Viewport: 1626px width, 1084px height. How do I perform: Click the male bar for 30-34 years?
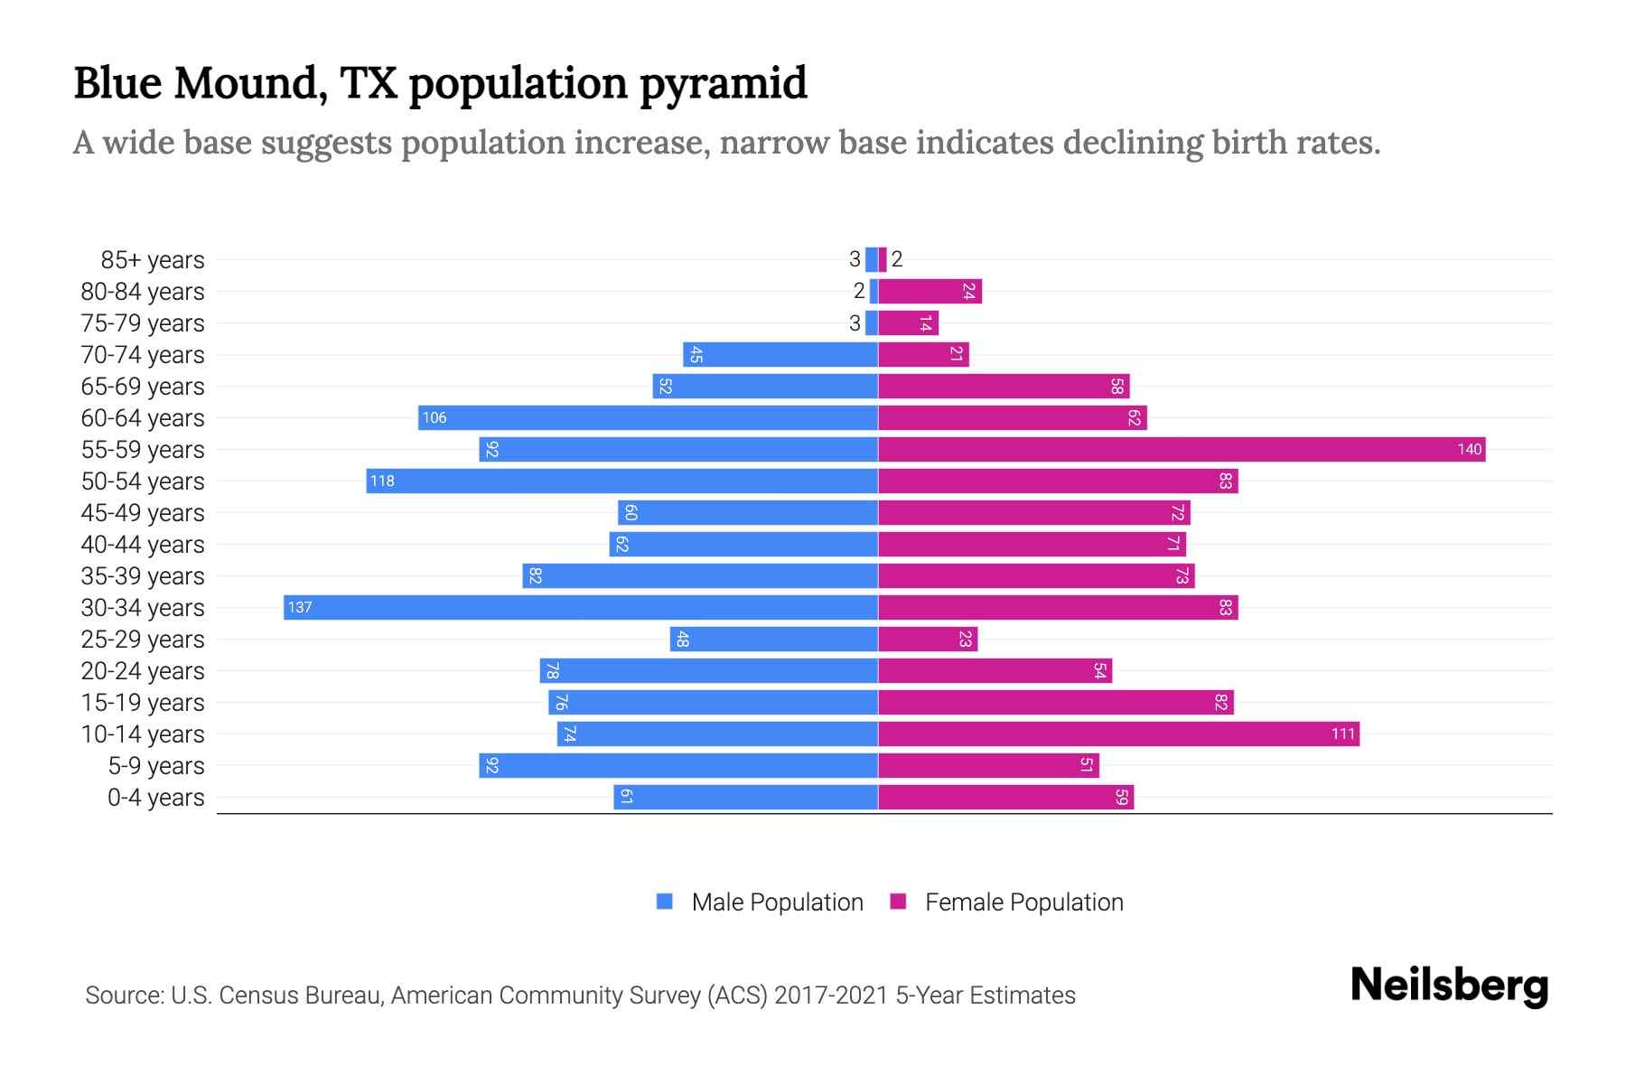tap(581, 607)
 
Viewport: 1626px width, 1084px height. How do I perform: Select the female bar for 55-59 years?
tap(1182, 449)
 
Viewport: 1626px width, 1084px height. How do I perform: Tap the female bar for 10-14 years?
tap(1118, 734)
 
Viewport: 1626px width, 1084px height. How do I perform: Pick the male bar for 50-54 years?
tap(621, 481)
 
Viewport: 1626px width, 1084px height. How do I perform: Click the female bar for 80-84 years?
tap(930, 291)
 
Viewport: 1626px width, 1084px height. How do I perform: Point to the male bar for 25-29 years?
tap(773, 639)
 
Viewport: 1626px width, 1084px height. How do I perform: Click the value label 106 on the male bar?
tap(435, 417)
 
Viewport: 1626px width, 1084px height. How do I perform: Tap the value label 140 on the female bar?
tap(1469, 449)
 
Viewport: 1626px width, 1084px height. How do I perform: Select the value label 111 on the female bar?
tap(1343, 734)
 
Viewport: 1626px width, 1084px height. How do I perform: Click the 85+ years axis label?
tap(153, 260)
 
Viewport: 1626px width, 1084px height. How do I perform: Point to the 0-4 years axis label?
tap(155, 798)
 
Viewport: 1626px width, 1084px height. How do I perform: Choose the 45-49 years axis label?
tap(143, 513)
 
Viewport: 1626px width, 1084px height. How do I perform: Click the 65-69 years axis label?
tap(143, 387)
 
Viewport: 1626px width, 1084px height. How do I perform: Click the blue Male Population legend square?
tap(665, 902)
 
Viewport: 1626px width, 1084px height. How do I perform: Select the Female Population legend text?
tap(1023, 902)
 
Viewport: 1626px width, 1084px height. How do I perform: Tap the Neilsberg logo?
tap(1449, 986)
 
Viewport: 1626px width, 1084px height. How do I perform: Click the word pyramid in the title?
tap(724, 83)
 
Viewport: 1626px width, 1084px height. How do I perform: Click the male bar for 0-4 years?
tap(745, 797)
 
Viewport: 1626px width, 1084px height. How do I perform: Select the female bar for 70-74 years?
tap(923, 354)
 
